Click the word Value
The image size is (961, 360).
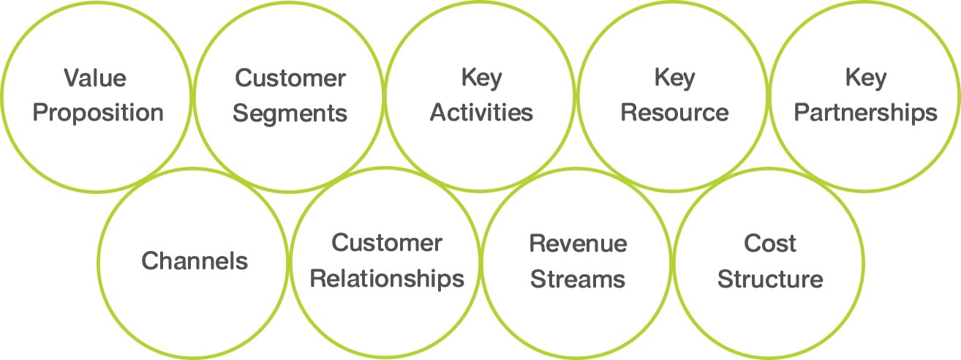[95, 78]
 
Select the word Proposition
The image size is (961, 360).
[98, 113]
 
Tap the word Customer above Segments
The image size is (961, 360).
[290, 78]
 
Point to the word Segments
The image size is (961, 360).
[290, 113]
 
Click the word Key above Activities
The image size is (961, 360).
[481, 79]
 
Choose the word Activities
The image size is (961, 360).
[481, 113]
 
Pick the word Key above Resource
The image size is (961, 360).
[674, 79]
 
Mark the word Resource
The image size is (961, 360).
[674, 113]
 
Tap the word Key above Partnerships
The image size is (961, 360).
[866, 79]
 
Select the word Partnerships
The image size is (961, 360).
[866, 113]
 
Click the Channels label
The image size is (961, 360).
[195, 261]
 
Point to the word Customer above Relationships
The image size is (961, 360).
[387, 243]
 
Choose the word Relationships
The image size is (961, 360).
[387, 280]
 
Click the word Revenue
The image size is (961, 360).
[578, 244]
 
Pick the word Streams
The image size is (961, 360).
[578, 280]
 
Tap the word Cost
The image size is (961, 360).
[770, 244]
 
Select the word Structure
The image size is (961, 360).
[770, 280]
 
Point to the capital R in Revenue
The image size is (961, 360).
[537, 244]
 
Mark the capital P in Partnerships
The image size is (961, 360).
[802, 113]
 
